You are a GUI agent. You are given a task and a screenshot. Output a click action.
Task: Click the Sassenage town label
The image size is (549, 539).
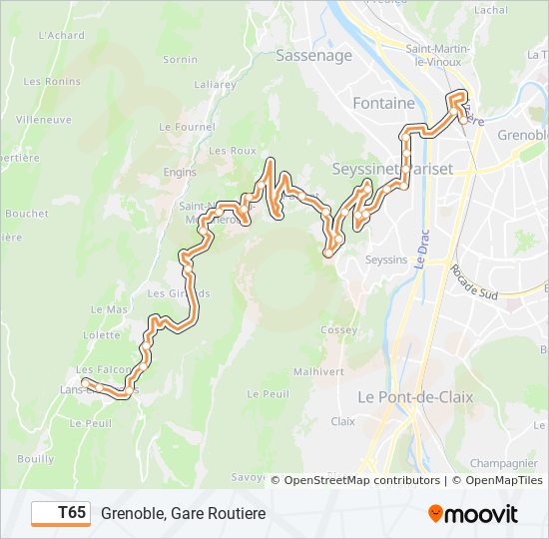click(313, 56)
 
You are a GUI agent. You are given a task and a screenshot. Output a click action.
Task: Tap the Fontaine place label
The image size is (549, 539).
click(383, 103)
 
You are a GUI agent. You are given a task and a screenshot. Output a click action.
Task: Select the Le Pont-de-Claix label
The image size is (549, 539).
click(415, 396)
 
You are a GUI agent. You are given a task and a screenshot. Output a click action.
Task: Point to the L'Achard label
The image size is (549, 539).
click(61, 34)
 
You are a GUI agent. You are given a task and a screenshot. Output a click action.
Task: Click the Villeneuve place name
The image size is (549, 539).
click(43, 118)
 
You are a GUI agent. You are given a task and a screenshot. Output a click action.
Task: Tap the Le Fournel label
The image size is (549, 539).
click(188, 127)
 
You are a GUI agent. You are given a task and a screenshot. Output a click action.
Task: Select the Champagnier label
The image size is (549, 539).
click(504, 463)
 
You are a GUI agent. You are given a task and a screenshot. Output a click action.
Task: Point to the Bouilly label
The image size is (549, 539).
click(36, 458)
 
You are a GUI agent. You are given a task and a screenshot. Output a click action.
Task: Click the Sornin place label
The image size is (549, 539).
click(181, 60)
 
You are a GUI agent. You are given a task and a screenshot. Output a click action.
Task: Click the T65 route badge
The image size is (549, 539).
click(60, 513)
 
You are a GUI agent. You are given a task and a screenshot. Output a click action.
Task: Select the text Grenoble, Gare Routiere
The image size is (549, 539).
click(183, 513)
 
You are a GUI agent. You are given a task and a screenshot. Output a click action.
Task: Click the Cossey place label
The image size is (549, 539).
click(339, 330)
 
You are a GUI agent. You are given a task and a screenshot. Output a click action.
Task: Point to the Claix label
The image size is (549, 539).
click(342, 421)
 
